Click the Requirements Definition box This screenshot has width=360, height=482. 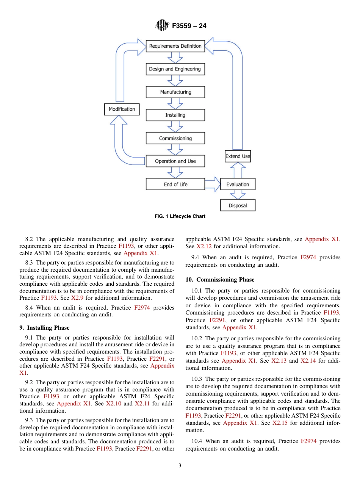point(175,46)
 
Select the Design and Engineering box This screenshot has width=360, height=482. point(175,69)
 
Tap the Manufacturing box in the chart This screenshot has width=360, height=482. point(175,92)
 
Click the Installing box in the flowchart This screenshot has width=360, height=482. point(175,115)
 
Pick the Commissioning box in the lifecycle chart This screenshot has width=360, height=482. point(175,138)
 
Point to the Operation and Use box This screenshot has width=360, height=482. point(175,161)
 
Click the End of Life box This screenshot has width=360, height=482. point(175,185)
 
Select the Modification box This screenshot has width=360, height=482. point(122,109)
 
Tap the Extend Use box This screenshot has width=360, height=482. point(238,156)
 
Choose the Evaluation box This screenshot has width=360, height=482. point(238,185)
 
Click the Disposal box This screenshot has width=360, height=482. point(238,205)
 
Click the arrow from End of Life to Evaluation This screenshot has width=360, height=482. point(213,185)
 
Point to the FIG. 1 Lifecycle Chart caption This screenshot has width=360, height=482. point(180,216)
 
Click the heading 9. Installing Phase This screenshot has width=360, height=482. point(44,327)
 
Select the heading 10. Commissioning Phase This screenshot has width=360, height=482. point(220,280)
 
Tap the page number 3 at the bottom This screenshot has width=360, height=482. point(180,466)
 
